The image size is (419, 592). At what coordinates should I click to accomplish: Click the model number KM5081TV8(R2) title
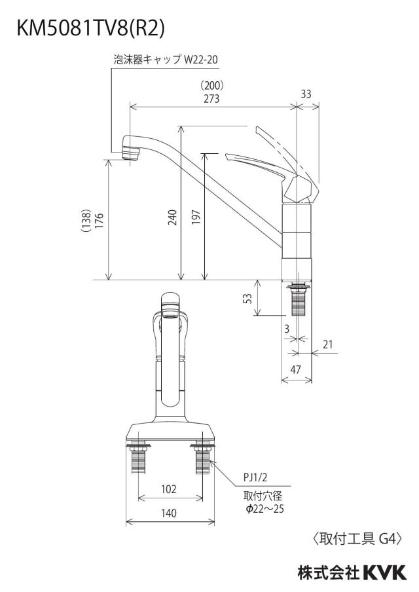tap(90, 28)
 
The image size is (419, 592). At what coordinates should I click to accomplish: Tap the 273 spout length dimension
tap(211, 98)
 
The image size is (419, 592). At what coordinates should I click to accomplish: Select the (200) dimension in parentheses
tap(211, 85)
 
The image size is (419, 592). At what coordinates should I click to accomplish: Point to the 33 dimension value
tap(306, 94)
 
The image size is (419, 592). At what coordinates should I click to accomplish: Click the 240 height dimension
tap(172, 217)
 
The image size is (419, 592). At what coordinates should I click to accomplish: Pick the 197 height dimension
tap(196, 217)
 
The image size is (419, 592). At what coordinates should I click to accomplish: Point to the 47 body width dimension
tap(295, 369)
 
